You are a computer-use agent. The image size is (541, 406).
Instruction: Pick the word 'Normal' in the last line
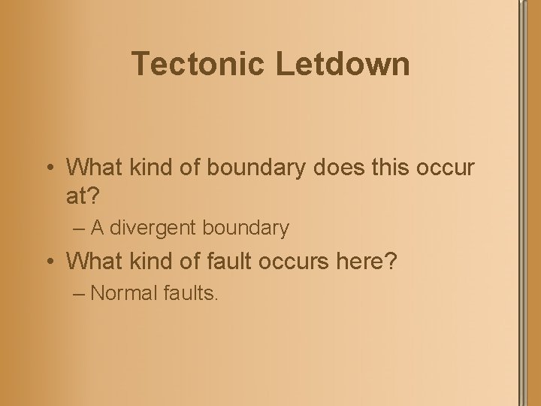122,293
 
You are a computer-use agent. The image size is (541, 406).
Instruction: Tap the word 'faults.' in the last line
189,293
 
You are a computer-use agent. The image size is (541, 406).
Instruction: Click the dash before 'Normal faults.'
80,293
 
